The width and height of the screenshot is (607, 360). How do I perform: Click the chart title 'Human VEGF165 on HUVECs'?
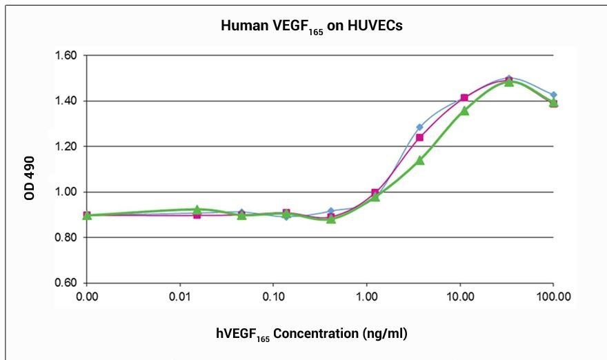(x=303, y=28)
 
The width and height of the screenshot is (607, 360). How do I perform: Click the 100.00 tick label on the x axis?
(x=553, y=298)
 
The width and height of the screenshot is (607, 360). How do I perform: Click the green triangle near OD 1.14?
(x=419, y=160)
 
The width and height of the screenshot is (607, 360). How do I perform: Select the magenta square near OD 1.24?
(x=419, y=137)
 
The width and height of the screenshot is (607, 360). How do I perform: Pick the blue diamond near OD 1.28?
(x=419, y=127)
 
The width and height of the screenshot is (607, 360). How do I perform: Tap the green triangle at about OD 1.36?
(x=464, y=110)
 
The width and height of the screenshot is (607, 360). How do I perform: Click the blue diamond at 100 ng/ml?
(x=553, y=94)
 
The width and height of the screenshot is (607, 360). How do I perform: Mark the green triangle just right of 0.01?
(x=197, y=209)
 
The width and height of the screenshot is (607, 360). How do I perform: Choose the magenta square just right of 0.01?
(x=197, y=215)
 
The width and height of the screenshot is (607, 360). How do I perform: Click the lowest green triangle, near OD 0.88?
(x=331, y=219)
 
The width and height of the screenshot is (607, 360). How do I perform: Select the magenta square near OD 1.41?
(x=464, y=98)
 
